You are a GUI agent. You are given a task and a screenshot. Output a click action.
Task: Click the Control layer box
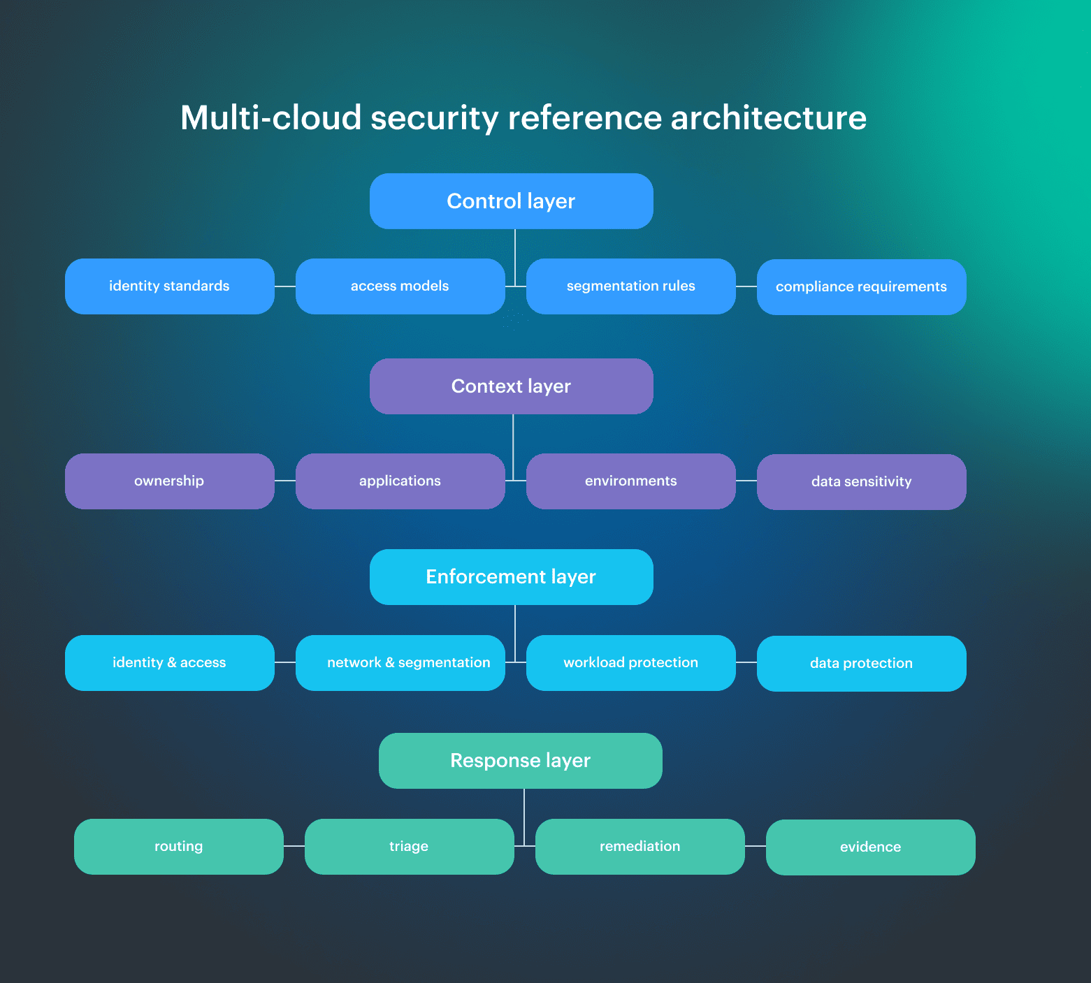[511, 201]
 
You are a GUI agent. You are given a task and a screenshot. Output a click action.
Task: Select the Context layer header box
[511, 386]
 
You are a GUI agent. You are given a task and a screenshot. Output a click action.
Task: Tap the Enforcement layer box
[511, 577]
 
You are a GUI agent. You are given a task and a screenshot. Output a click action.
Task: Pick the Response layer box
[520, 761]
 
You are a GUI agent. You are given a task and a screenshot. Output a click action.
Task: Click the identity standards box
[169, 286]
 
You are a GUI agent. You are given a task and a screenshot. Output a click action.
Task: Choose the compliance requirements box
[861, 287]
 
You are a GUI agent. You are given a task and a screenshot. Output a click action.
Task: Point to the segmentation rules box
[630, 286]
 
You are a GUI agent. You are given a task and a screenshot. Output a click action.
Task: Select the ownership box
[169, 481]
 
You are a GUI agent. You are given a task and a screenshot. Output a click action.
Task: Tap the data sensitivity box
[861, 482]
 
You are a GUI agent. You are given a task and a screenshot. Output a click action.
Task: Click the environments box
[630, 481]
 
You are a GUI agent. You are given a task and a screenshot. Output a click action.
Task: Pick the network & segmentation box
[400, 663]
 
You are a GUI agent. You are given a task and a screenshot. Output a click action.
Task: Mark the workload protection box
[630, 663]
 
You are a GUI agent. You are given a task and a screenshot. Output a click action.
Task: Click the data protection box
[861, 664]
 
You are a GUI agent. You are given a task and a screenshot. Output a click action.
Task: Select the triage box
[409, 847]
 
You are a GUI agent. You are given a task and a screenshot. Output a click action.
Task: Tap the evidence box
[870, 847]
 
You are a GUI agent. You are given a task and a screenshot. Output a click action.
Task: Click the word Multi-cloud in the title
[270, 117]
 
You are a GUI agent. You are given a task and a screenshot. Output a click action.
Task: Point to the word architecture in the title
[768, 117]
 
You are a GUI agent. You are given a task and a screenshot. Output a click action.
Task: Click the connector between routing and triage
[294, 846]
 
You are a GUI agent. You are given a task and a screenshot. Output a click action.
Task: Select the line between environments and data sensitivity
[746, 481]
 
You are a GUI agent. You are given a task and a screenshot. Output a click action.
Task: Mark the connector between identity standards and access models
[285, 286]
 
